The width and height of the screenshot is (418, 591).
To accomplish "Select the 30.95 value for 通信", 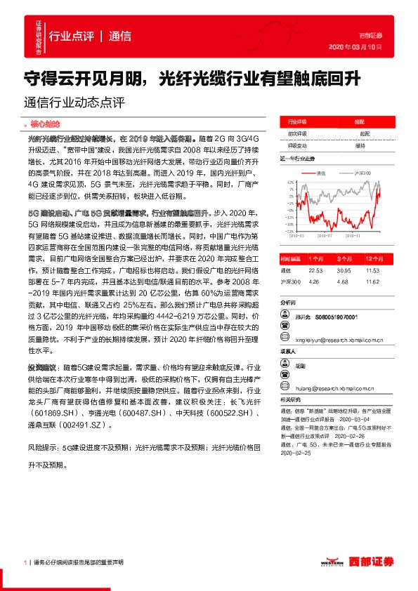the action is click(342, 270).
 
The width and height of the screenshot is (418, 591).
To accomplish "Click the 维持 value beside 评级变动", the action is click(360, 145).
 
